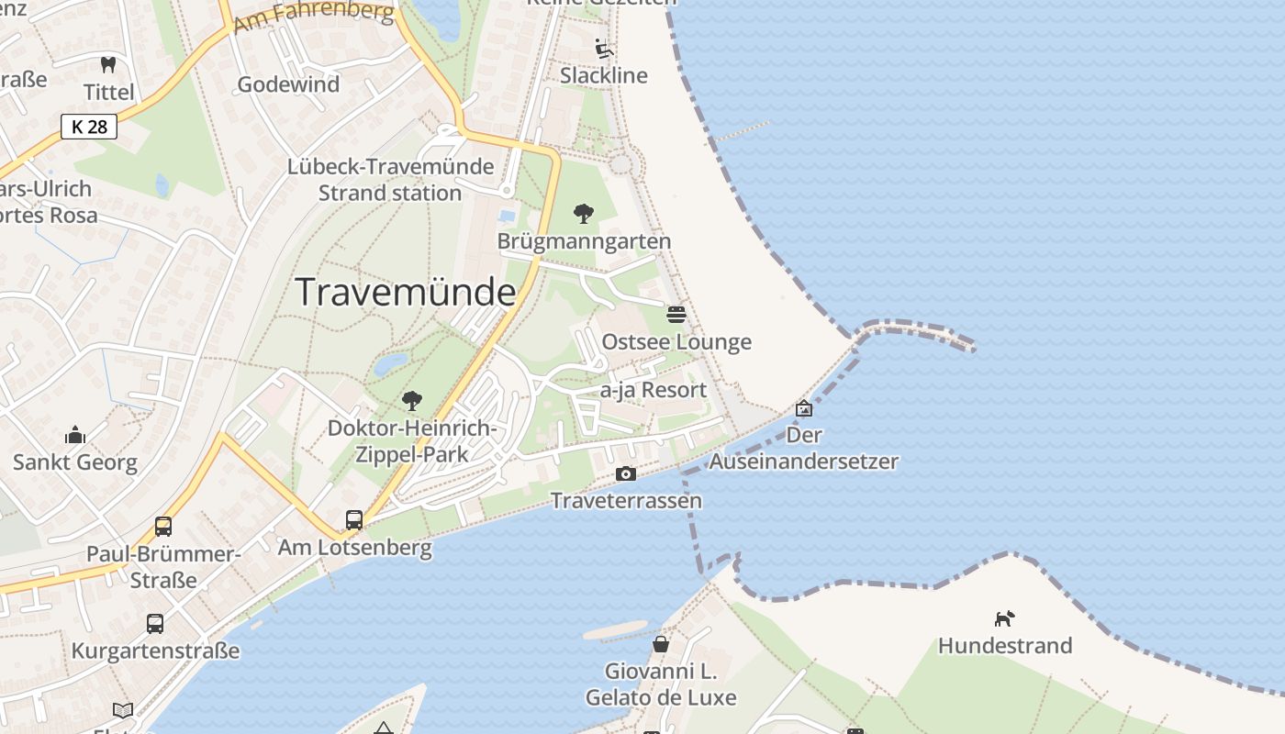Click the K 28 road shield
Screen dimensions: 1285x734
[89, 127]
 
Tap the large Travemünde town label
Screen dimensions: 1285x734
[406, 292]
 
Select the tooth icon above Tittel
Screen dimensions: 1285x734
[108, 65]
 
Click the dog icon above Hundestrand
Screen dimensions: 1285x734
[1005, 618]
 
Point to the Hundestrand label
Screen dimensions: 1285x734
[1005, 646]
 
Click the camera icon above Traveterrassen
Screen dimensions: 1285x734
[626, 473]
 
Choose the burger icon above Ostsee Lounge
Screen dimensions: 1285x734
[676, 315]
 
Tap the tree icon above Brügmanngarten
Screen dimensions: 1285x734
[583, 214]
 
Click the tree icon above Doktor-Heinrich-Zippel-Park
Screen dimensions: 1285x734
[412, 401]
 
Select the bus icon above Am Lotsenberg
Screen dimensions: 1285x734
[354, 520]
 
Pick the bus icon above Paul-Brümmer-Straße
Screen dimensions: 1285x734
[163, 527]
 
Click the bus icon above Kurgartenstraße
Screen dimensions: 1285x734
[155, 624]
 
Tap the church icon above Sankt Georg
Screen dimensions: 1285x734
[75, 435]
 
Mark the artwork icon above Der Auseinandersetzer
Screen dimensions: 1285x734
[804, 408]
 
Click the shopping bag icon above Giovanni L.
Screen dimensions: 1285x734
[661, 644]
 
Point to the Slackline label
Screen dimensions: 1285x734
[603, 75]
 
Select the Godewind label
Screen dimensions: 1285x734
[288, 84]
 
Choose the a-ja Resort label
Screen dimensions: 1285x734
[654, 390]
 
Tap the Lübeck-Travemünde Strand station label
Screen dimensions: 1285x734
[390, 180]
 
